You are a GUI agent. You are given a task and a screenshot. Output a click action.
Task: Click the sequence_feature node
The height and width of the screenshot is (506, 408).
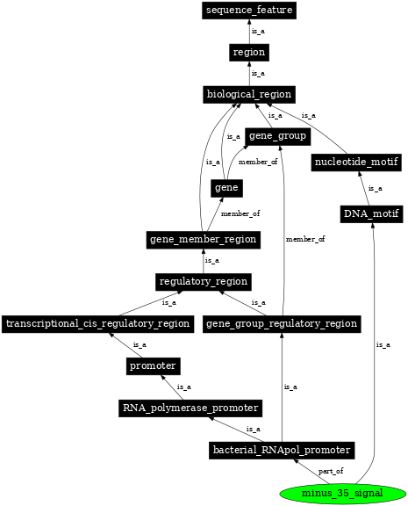tap(248, 11)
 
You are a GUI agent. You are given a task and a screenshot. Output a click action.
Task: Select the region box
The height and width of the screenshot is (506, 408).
tap(248, 53)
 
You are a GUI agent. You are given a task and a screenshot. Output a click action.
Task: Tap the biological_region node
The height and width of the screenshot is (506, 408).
tap(248, 94)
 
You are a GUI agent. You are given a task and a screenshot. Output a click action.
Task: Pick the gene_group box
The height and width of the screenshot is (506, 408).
tap(276, 136)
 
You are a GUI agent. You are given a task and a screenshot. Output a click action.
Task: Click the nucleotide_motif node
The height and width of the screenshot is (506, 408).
tap(356, 163)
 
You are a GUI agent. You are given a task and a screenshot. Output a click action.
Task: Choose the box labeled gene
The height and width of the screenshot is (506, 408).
tap(225, 188)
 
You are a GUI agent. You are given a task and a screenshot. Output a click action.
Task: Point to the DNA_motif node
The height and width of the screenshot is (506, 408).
tap(371, 213)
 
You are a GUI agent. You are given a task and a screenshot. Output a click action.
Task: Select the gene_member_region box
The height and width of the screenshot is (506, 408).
tap(203, 239)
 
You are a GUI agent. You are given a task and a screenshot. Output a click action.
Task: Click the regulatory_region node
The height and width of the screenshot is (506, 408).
tap(204, 281)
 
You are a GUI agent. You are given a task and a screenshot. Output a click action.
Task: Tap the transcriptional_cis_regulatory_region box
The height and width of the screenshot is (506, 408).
tap(97, 323)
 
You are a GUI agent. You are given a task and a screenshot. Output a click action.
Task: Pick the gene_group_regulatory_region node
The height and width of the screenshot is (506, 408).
tap(281, 323)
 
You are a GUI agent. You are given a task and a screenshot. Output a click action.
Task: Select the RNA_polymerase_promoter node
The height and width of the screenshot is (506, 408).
tap(190, 408)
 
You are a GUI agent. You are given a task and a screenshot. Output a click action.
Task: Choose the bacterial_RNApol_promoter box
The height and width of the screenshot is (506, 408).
tap(281, 450)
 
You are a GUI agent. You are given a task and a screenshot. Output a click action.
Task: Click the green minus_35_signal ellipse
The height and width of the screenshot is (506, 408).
tap(342, 493)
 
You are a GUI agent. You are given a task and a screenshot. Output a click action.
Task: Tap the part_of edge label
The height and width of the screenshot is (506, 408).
tap(331, 472)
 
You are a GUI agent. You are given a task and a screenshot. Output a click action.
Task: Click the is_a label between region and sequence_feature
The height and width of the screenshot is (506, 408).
tap(258, 32)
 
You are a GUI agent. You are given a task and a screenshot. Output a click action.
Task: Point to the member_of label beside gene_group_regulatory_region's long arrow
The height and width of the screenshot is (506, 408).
tap(305, 239)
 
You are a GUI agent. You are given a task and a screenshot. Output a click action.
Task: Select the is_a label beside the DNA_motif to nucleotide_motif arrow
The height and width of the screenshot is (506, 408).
tap(376, 188)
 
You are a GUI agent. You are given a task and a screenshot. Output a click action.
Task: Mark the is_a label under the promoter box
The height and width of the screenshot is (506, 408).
tap(184, 387)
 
